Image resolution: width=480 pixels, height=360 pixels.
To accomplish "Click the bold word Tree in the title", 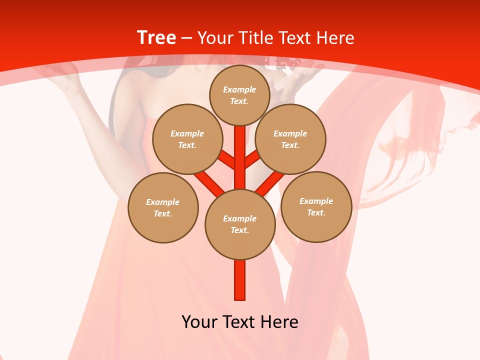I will tap(156, 38).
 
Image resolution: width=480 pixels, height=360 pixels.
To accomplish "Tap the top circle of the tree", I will tap(239, 95).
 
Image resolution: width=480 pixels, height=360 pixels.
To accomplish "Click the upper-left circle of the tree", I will tap(187, 139).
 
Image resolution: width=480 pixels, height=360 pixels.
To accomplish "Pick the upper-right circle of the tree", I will tap(290, 139).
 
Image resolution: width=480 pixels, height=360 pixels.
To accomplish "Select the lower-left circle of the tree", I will tap(163, 207).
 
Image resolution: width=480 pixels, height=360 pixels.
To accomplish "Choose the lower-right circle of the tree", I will tap(316, 207).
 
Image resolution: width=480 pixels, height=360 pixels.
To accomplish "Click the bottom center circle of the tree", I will tap(240, 224).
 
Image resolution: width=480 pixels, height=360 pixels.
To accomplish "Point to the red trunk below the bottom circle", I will tap(240, 280).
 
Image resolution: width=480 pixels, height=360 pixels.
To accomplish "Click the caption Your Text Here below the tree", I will tap(240, 322).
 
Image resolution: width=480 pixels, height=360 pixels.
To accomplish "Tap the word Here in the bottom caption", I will tap(279, 322).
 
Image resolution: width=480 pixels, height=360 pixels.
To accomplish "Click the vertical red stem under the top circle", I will tap(240, 150).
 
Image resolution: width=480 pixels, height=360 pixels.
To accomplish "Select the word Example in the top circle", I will tap(239, 90).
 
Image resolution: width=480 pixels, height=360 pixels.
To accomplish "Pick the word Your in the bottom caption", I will tap(199, 322).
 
